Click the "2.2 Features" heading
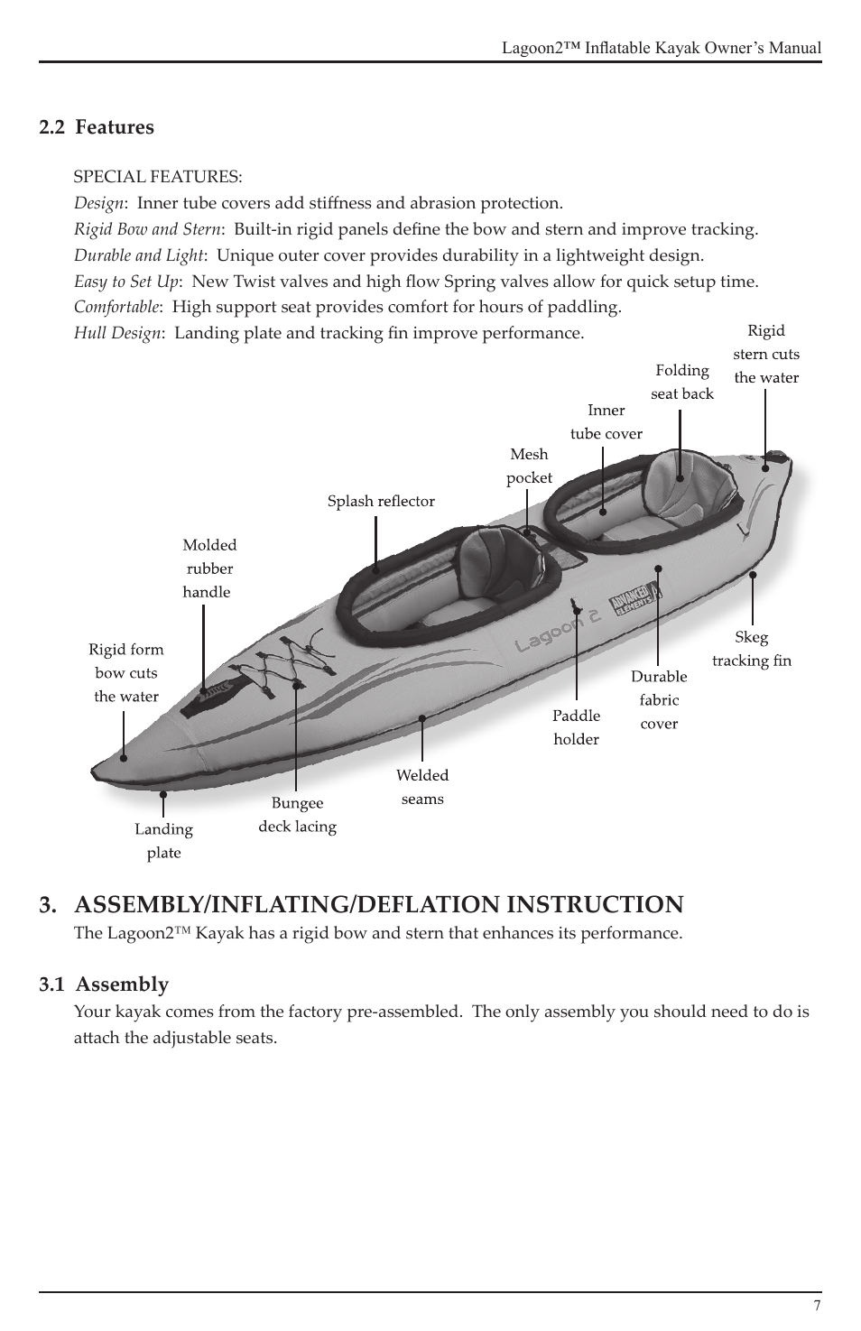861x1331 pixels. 97,127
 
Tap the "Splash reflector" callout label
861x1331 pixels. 381,501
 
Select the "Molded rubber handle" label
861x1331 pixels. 208,568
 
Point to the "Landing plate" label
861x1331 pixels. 164,841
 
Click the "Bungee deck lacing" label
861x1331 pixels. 298,815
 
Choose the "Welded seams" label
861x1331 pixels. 422,787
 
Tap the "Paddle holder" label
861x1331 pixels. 576,727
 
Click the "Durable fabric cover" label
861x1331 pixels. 659,699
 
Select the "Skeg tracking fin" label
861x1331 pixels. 751,649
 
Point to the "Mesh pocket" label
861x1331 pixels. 529,466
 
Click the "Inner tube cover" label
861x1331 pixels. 606,421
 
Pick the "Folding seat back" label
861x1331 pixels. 682,382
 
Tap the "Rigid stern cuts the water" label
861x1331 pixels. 766,354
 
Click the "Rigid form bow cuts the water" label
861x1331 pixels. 126,672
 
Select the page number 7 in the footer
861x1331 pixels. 817,1306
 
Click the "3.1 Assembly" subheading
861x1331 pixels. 104,984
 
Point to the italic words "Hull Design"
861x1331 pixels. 117,333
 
